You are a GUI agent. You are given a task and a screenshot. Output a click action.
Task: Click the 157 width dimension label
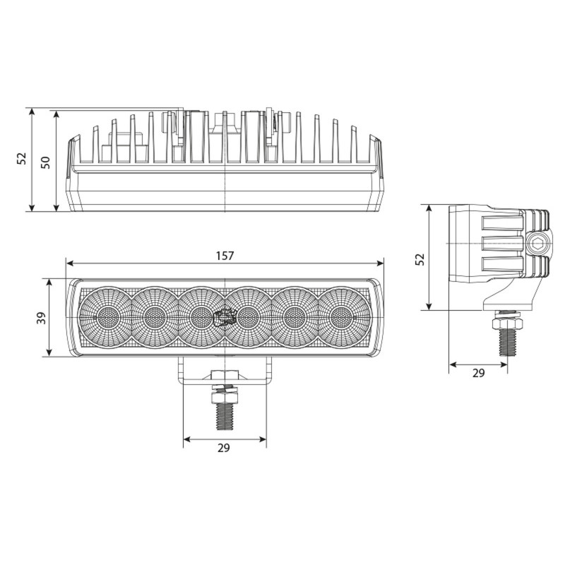pos(225,255)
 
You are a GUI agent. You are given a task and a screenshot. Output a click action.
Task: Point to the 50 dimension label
pos(44,162)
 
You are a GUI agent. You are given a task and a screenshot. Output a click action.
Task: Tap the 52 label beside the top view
pos(22,159)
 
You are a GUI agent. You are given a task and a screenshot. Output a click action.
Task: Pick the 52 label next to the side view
pos(420,258)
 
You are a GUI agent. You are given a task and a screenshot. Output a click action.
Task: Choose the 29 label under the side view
pos(478,374)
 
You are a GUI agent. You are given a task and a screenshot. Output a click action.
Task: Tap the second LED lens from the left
pos(154,316)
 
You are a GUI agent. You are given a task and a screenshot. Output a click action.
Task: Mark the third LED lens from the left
pos(201,316)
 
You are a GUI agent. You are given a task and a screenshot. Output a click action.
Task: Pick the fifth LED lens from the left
pos(295,316)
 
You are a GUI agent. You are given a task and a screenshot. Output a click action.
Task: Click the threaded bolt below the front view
pos(225,413)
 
